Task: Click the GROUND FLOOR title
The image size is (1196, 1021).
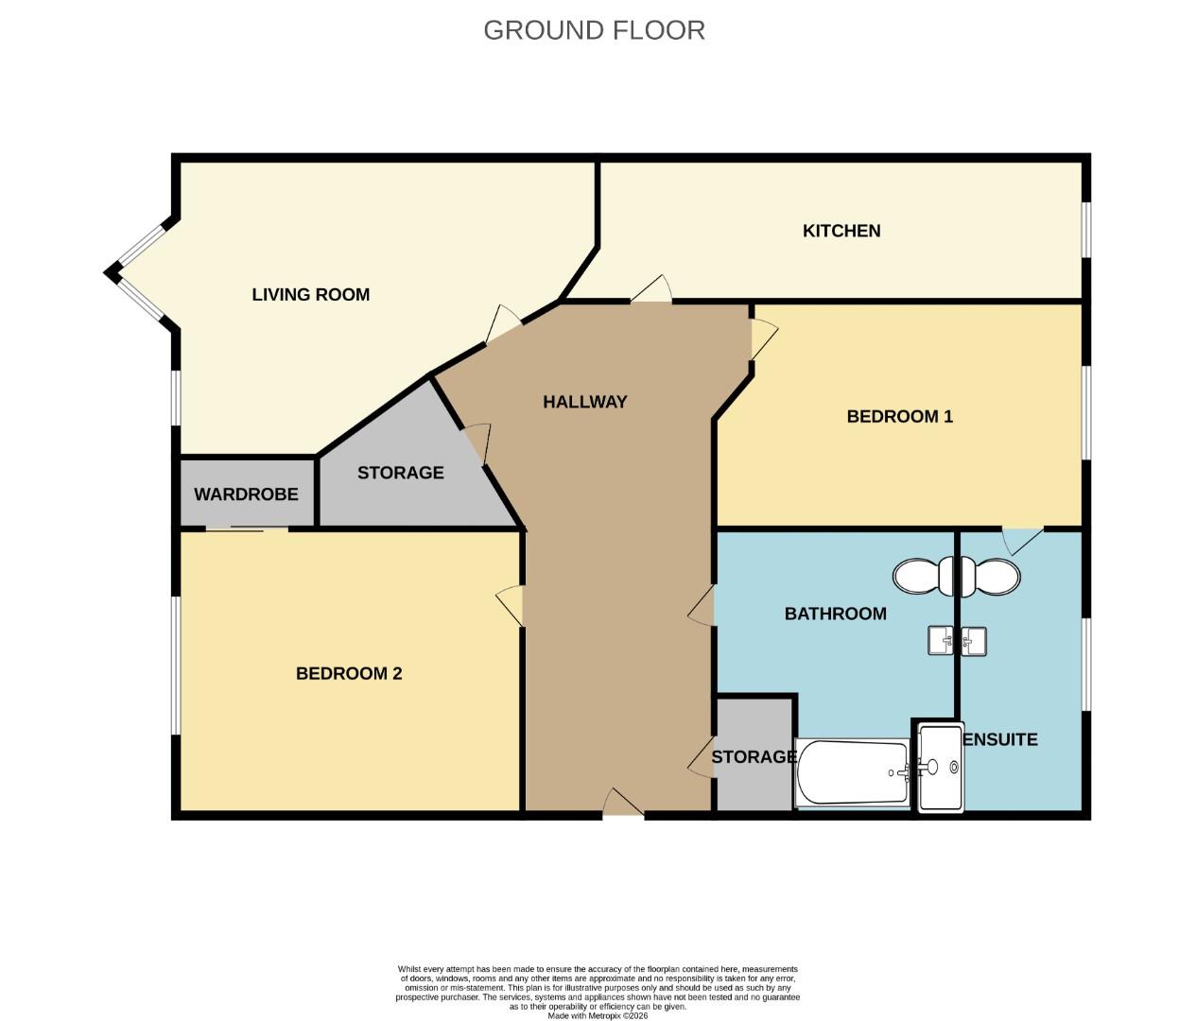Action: tap(594, 30)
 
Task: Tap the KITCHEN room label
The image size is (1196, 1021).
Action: tap(841, 231)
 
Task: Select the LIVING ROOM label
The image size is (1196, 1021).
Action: tap(310, 295)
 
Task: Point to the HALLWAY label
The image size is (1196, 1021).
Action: tap(584, 402)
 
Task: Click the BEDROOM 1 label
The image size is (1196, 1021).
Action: tap(899, 416)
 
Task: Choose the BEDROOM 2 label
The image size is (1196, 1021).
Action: tap(349, 674)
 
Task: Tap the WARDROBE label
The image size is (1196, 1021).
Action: tap(246, 494)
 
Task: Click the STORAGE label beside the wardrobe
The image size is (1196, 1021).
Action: tap(400, 473)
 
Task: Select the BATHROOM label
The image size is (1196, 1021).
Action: tap(835, 614)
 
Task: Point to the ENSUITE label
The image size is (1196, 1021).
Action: tap(1000, 739)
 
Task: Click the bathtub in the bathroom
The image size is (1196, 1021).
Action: tap(852, 772)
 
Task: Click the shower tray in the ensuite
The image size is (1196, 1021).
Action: tap(940, 767)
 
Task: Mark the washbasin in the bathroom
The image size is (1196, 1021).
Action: tap(941, 641)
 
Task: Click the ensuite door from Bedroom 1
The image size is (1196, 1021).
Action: tap(1023, 540)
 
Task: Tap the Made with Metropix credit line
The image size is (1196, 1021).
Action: tap(598, 1015)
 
